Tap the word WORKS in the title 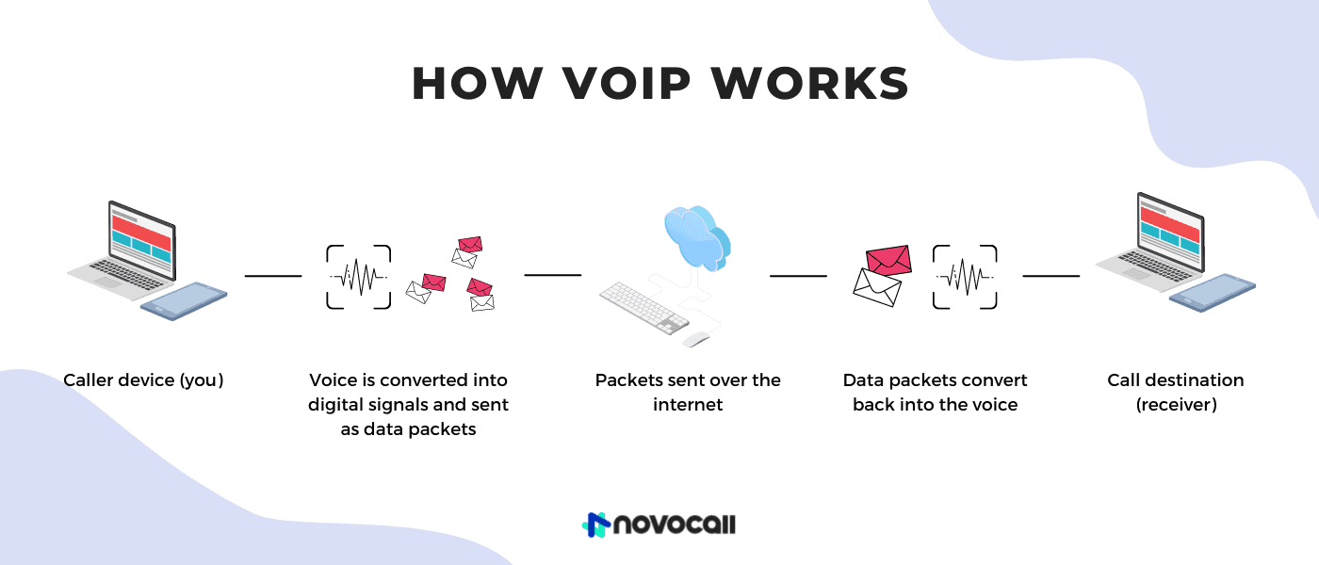click(x=810, y=84)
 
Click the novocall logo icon click(x=595, y=525)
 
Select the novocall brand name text click(x=674, y=525)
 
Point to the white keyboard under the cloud click(x=644, y=308)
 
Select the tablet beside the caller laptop click(x=184, y=300)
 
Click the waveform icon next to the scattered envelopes click(x=359, y=277)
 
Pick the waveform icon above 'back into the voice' click(x=965, y=277)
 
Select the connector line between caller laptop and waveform click(x=273, y=276)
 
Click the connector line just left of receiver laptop click(x=1050, y=276)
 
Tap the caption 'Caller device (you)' click(x=143, y=380)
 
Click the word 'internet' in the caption click(x=688, y=405)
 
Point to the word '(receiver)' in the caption click(x=1176, y=405)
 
